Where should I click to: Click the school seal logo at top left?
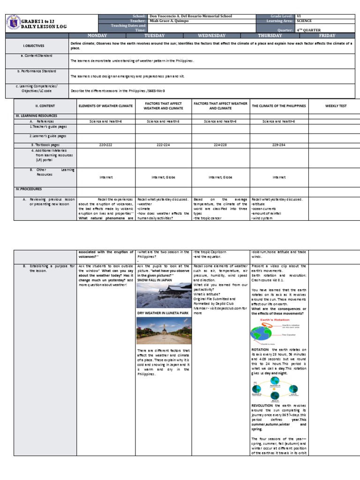[14, 24]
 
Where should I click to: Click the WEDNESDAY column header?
[212, 36]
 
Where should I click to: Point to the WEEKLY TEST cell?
[336, 106]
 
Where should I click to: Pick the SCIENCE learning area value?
[304, 21]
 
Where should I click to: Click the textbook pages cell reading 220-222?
[106, 145]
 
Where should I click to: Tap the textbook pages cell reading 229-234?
[279, 145]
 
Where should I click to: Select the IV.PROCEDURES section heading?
[29, 189]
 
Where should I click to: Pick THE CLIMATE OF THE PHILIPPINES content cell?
[279, 106]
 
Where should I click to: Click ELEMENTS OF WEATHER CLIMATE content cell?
[106, 106]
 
